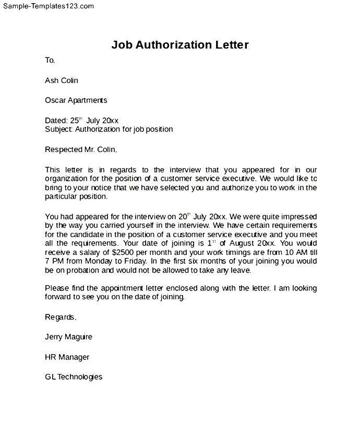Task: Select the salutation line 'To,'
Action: tap(50, 61)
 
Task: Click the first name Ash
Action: tap(52, 80)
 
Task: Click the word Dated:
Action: tap(56, 120)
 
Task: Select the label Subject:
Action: tap(59, 129)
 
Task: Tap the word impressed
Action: tap(296, 216)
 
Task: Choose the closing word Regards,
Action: tap(61, 317)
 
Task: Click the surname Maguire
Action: tap(78, 337)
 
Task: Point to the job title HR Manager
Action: tap(67, 357)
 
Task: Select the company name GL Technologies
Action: tap(74, 377)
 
